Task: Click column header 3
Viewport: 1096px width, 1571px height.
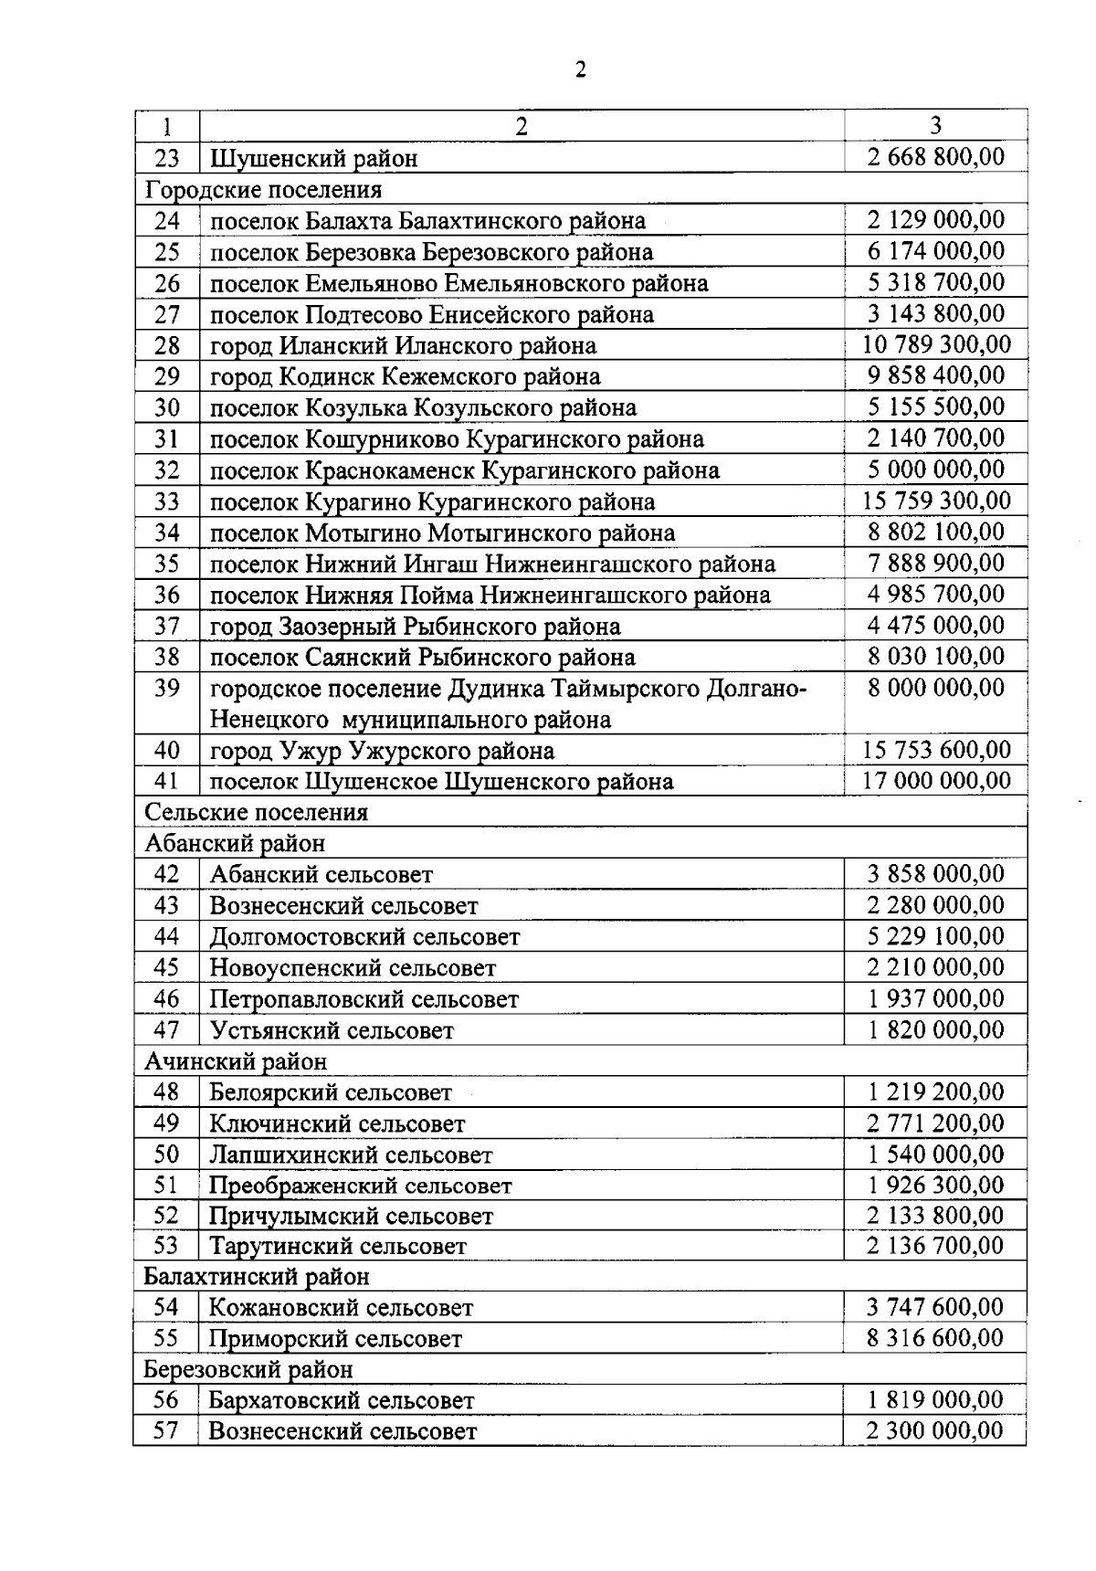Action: click(x=935, y=126)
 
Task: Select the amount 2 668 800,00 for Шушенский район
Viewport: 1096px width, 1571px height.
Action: click(x=935, y=157)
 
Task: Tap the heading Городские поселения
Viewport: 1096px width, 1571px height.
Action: click(x=263, y=190)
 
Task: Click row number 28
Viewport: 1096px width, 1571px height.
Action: click(x=167, y=346)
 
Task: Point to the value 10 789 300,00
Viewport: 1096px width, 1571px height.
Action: click(x=935, y=345)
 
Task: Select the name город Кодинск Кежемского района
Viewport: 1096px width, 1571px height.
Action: click(x=405, y=376)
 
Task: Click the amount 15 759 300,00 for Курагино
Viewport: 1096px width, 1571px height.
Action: click(x=935, y=501)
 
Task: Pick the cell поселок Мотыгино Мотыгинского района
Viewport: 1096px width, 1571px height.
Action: click(x=442, y=533)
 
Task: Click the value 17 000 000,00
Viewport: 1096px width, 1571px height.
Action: click(x=935, y=781)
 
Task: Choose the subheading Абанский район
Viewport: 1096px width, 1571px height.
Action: click(x=235, y=843)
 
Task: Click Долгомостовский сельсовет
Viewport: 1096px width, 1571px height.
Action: click(x=364, y=937)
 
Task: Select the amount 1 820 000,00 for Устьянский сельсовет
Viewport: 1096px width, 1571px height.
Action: click(x=935, y=1030)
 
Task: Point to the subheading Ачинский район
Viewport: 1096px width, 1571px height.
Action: click(x=236, y=1061)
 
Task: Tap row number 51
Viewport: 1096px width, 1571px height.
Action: click(x=166, y=1186)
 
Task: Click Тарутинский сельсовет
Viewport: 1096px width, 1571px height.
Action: click(x=338, y=1247)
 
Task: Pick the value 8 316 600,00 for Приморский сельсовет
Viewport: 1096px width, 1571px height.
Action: click(x=935, y=1339)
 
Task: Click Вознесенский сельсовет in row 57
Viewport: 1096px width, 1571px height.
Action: click(x=342, y=1431)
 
